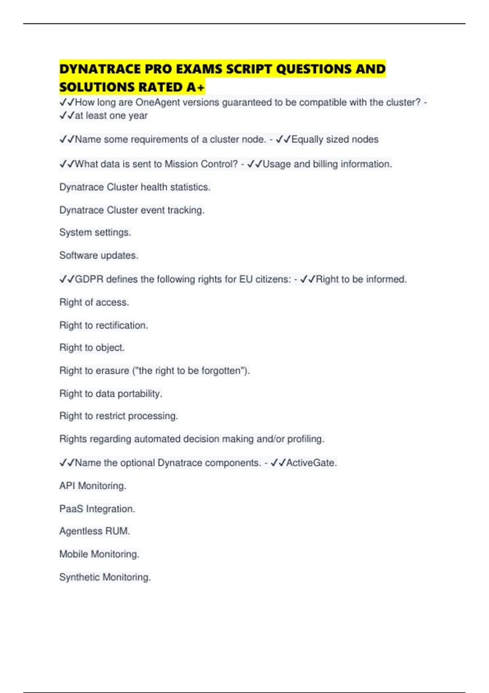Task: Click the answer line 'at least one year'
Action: (111, 116)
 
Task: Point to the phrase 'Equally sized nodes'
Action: (335, 139)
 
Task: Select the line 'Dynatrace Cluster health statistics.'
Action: (135, 187)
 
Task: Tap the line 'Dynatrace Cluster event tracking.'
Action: (132, 210)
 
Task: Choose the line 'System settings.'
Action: (95, 232)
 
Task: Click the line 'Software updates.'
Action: (99, 255)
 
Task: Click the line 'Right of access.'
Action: (94, 302)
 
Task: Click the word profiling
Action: (306, 439)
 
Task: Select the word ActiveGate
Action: (311, 463)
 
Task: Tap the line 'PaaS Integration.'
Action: (97, 509)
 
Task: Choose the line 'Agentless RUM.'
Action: (95, 531)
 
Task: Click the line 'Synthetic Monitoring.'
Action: (105, 577)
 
